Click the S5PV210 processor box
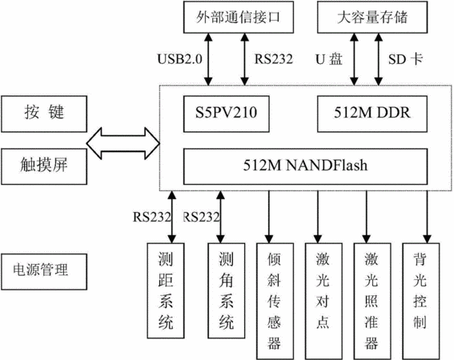227,114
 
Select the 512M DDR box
372,114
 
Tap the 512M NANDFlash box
305,166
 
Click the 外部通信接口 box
239,17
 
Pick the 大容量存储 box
372,17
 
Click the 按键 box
44,114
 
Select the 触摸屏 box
44,166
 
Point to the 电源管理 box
44,272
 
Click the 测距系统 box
166,290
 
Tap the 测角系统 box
227,290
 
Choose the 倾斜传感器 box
275,302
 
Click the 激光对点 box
323,302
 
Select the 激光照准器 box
372,302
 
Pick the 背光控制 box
421,302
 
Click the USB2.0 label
180,59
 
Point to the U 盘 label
329,59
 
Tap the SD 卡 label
405,59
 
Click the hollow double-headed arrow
123,143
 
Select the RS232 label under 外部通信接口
274,59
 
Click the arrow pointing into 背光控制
427,217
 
